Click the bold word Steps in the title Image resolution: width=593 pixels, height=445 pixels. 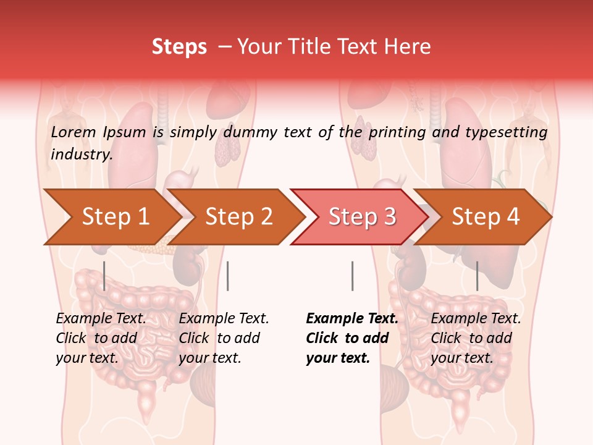coord(179,47)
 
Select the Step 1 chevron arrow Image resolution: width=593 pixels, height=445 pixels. coord(115,217)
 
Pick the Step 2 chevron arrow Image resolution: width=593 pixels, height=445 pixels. coord(238,217)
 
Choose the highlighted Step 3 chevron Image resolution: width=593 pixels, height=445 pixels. coord(361,217)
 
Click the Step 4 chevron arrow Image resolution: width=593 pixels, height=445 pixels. coord(486,217)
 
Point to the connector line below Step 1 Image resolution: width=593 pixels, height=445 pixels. coord(104,276)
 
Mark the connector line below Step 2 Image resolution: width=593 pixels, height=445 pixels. coord(228,276)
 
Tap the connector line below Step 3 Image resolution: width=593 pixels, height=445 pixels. coord(352,276)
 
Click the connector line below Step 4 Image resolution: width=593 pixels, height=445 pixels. coord(477,276)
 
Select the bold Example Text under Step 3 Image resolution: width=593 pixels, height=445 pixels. coord(352,319)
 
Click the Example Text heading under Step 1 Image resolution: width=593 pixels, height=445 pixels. coord(101,319)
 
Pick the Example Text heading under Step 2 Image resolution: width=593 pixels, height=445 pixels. coord(224,319)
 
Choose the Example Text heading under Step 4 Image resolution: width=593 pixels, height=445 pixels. coord(476,319)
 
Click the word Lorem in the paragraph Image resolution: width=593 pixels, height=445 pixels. coord(73,132)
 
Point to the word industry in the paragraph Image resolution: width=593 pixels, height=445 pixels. coord(82,154)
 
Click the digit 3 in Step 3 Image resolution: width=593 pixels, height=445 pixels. coord(389,217)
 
